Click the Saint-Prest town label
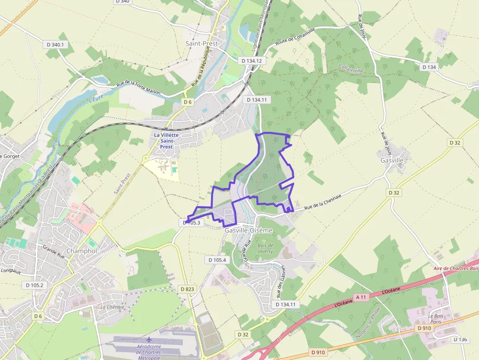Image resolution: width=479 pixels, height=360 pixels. click(201, 43)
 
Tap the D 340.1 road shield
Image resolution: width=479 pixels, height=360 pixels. click(55, 44)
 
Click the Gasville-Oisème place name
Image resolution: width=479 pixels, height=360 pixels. click(248, 230)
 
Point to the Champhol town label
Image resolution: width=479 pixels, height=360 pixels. click(82, 251)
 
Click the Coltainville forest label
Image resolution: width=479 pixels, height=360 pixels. click(351, 70)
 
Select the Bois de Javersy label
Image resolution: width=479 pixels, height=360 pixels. click(265, 248)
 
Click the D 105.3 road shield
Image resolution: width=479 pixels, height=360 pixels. click(192, 222)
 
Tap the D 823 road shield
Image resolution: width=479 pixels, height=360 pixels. click(187, 289)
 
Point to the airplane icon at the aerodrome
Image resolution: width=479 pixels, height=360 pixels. click(149, 339)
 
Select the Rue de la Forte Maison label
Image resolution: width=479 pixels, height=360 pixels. click(138, 88)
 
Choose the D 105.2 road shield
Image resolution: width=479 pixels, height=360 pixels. click(34, 285)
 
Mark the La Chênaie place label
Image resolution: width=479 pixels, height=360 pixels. click(112, 307)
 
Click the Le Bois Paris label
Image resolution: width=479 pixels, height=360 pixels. click(435, 319)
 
